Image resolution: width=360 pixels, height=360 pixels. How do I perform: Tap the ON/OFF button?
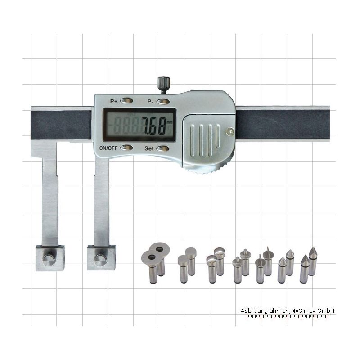click(126, 148)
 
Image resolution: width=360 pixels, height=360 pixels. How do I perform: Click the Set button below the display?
click(163, 148)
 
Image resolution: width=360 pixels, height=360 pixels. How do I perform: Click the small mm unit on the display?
click(170, 122)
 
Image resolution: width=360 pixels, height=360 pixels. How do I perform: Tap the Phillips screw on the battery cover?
click(230, 131)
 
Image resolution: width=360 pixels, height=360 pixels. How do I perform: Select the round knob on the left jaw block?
click(49, 260)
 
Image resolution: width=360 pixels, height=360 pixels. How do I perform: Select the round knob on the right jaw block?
click(100, 260)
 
